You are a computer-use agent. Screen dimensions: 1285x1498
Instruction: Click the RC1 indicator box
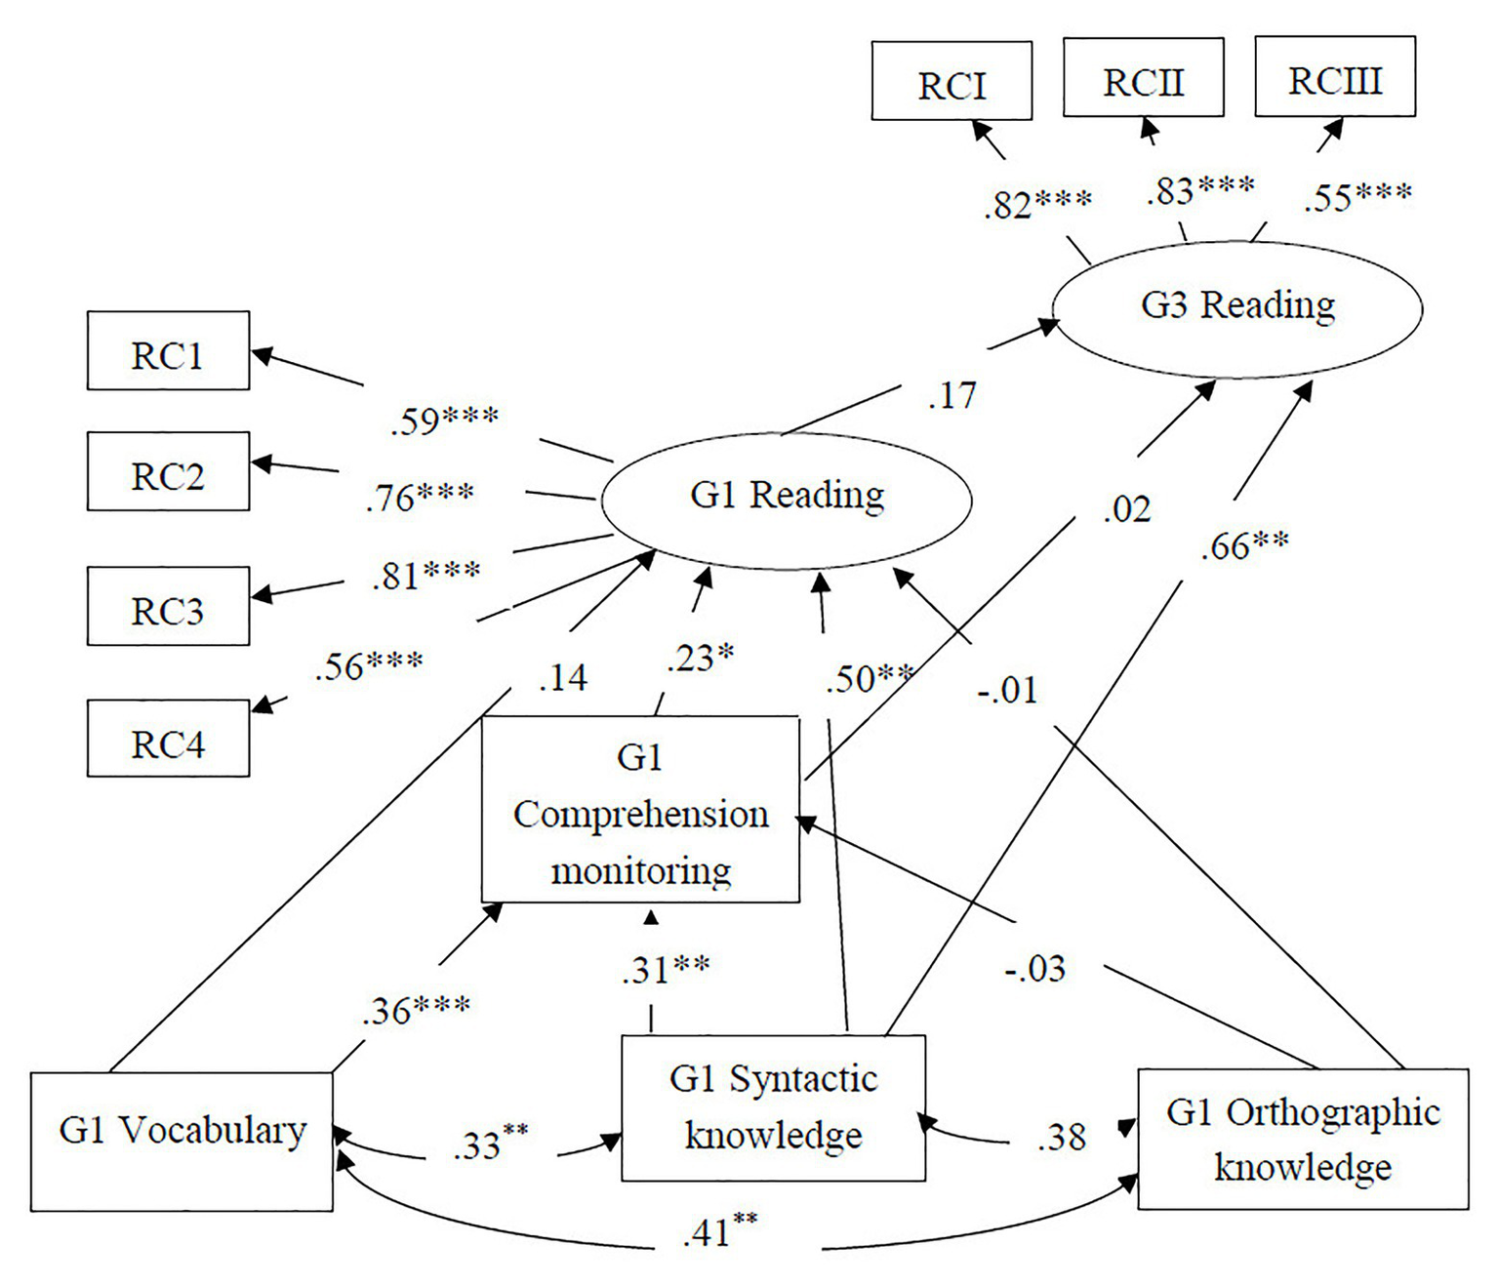[x=168, y=351]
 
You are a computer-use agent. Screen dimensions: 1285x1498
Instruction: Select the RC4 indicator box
[x=168, y=739]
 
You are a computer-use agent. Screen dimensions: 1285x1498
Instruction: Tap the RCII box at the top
[x=1143, y=78]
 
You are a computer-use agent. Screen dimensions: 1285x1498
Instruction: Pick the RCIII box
[x=1334, y=77]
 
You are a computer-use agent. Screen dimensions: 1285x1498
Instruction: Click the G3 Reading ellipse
[x=1237, y=307]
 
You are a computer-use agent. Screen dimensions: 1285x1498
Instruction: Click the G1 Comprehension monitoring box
[x=640, y=810]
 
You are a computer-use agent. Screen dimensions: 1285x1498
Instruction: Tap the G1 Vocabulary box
[x=182, y=1142]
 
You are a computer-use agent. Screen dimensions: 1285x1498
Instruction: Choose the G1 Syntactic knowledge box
[x=773, y=1107]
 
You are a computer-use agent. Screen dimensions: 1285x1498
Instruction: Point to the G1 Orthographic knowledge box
[x=1303, y=1140]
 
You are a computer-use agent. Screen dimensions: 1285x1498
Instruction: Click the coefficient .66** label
[x=1243, y=544]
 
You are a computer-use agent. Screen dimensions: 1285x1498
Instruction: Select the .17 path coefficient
[x=951, y=396]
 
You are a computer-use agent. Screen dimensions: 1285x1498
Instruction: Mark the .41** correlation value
[x=719, y=1231]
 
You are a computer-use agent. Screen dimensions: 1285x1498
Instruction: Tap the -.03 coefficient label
[x=1034, y=969]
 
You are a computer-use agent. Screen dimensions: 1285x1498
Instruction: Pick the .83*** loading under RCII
[x=1199, y=190]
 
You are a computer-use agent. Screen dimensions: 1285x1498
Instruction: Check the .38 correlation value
[x=1061, y=1138]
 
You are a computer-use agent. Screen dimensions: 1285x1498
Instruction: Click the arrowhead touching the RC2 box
[x=261, y=464]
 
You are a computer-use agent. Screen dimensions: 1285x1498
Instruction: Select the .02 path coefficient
[x=1127, y=509]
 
